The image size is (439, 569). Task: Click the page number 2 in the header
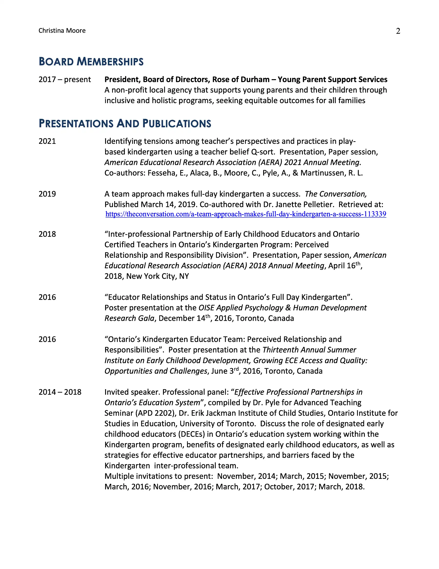[x=398, y=31]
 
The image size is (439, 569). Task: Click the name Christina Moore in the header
[x=62, y=31]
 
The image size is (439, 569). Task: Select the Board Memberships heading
[x=91, y=62]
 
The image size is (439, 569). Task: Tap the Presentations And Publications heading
[x=125, y=123]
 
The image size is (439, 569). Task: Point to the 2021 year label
[x=47, y=141]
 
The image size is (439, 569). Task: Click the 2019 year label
[x=47, y=194]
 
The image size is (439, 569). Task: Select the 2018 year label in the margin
[x=47, y=234]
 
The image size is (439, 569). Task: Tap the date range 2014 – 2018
[x=60, y=392]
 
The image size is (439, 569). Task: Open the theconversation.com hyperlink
[x=246, y=214]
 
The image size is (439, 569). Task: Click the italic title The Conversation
[x=336, y=194]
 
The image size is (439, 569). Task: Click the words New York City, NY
[x=158, y=276]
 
